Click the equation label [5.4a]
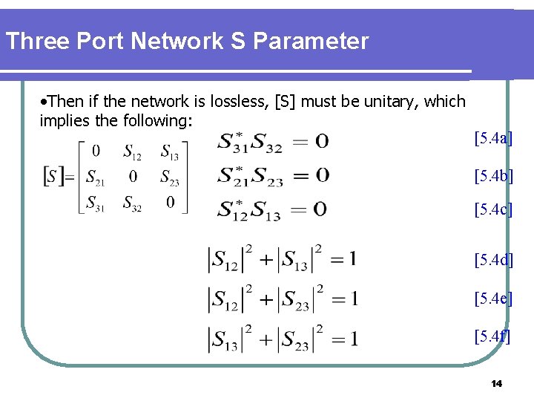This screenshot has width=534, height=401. coord(493,137)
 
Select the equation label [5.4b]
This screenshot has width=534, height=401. coord(493,176)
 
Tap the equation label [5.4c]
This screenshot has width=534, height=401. coord(493,210)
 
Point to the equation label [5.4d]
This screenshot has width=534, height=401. coord(493,259)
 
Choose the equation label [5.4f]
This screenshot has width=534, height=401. coord(492,336)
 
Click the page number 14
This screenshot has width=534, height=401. coord(496,383)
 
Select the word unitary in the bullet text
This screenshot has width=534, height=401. coord(383,102)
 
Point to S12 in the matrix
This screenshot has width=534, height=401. coord(133,153)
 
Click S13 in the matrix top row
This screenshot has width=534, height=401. coord(170,153)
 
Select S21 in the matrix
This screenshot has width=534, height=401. coord(95,178)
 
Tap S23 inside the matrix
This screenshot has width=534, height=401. coord(170,178)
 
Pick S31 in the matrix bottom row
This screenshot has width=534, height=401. coord(95,203)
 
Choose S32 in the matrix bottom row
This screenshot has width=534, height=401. coord(133,203)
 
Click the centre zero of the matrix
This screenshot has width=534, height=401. coord(133,177)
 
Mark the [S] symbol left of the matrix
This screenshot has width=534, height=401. coord(52,177)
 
